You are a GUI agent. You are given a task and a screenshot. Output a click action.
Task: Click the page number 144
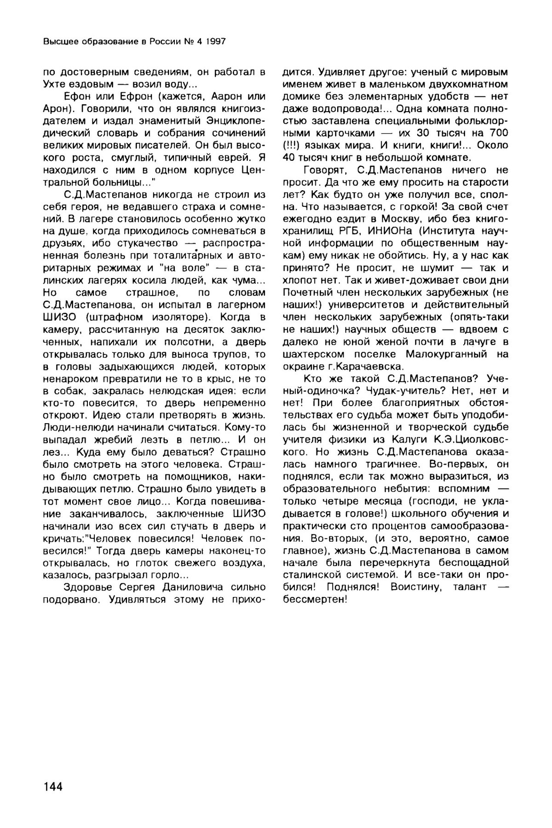[52, 787]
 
